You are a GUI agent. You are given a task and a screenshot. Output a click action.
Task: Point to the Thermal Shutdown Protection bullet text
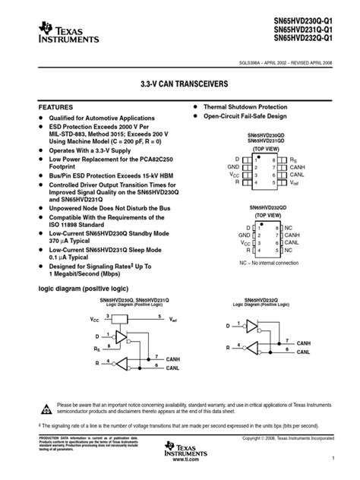click(x=245, y=107)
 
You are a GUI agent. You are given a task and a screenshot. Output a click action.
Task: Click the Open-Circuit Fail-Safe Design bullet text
click(x=245, y=117)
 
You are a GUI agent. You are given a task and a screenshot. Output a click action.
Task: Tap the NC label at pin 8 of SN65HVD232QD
click(x=288, y=228)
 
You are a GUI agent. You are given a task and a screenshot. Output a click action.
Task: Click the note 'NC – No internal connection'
click(x=267, y=263)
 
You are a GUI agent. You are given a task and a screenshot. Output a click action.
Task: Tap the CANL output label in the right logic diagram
click(x=304, y=352)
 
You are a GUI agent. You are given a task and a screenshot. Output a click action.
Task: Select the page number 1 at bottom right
click(x=333, y=459)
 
